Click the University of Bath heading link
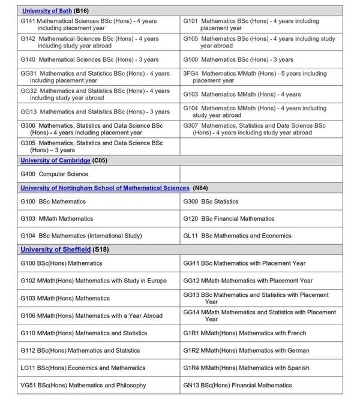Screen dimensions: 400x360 (47, 11)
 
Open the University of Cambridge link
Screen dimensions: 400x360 (55, 161)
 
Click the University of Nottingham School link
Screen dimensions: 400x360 (104, 188)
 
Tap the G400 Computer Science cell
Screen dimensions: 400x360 (55, 174)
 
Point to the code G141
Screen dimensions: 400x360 (28, 21)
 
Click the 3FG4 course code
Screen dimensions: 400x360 (191, 74)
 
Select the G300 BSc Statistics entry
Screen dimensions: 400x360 (211, 201)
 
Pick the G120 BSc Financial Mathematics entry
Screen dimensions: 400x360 (229, 219)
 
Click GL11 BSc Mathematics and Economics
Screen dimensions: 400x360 (236, 236)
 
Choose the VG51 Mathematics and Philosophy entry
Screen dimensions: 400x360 (83, 385)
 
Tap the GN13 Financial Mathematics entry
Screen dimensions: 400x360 (238, 385)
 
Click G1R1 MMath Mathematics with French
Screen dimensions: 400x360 (244, 333)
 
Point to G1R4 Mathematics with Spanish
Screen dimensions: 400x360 (246, 368)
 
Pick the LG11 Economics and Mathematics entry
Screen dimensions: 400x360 (83, 368)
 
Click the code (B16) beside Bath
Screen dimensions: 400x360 (82, 11)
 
